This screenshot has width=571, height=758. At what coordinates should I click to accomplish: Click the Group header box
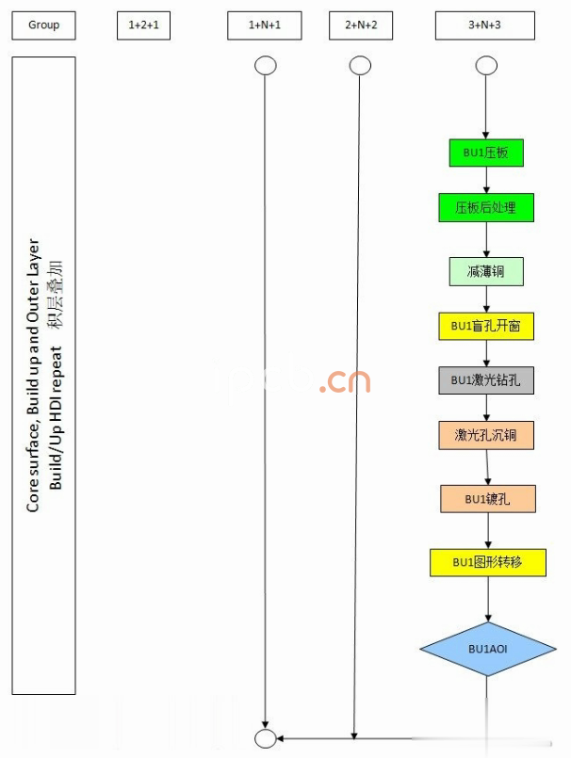pyautogui.click(x=43, y=25)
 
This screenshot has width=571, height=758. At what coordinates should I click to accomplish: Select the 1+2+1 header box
pyautogui.click(x=149, y=25)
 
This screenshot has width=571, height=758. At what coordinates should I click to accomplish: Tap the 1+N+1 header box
pyautogui.click(x=266, y=25)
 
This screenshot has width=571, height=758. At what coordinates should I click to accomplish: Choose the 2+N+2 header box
pyautogui.click(x=361, y=25)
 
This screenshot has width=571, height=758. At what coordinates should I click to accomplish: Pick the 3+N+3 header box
pyautogui.click(x=485, y=25)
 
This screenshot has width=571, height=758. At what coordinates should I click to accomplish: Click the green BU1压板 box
pyautogui.click(x=485, y=153)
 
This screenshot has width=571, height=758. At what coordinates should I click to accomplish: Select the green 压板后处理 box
pyautogui.click(x=485, y=207)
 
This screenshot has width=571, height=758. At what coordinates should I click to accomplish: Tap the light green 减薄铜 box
pyautogui.click(x=485, y=272)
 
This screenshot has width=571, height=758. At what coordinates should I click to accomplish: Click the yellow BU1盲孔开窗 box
pyautogui.click(x=485, y=327)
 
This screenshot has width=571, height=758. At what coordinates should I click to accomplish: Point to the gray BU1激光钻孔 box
pyautogui.click(x=485, y=380)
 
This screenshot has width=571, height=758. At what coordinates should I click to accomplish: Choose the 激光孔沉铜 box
pyautogui.click(x=485, y=435)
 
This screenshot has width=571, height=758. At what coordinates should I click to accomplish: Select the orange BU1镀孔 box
pyautogui.click(x=487, y=498)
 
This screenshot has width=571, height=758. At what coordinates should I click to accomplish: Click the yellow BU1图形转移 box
pyautogui.click(x=486, y=562)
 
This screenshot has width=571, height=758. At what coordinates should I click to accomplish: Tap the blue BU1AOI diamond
pyautogui.click(x=486, y=649)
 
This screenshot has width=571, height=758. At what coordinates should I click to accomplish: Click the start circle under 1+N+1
pyautogui.click(x=266, y=66)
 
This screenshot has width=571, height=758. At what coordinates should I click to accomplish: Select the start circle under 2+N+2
pyautogui.click(x=360, y=66)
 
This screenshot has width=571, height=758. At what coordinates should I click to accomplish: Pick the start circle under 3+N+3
pyautogui.click(x=486, y=66)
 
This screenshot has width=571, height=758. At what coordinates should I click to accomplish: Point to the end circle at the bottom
pyautogui.click(x=266, y=737)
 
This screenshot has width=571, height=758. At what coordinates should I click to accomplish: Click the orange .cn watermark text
pyautogui.click(x=344, y=381)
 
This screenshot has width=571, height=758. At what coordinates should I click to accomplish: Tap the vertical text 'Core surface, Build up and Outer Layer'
pyautogui.click(x=34, y=377)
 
